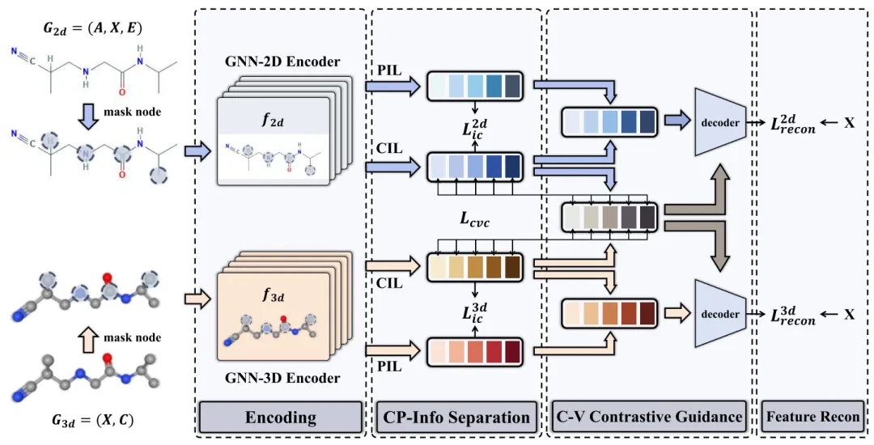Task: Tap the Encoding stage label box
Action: [x=281, y=417]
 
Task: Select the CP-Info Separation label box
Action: [x=456, y=417]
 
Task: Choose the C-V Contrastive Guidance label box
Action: [x=649, y=417]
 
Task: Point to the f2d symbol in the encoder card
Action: [x=272, y=122]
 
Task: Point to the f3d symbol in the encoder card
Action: [x=272, y=296]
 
